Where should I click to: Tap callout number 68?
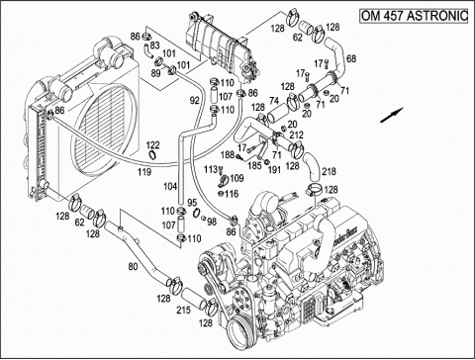[350, 59]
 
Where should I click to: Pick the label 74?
[245, 101]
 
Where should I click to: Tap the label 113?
[211, 169]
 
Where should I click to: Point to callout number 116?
[231, 195]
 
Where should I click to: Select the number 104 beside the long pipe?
[170, 186]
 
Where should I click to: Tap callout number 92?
[196, 100]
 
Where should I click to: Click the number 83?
[153, 45]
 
